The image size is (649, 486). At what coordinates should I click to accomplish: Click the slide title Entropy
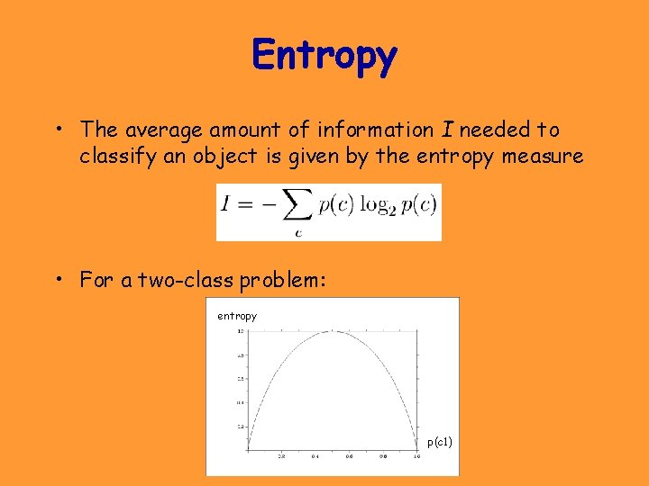coord(324,56)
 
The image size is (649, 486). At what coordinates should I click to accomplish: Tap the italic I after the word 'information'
coord(447,130)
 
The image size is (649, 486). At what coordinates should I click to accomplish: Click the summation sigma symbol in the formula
coord(293,206)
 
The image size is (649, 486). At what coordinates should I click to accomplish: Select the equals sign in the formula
coord(245,205)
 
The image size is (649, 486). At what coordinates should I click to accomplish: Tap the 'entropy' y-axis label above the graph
coord(237,316)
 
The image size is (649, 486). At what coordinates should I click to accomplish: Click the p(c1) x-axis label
coord(440,442)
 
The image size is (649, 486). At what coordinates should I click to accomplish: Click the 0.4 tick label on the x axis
coord(315,457)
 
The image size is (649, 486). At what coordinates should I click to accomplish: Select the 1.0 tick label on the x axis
coord(416,457)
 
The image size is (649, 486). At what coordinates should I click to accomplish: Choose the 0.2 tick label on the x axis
coord(281,457)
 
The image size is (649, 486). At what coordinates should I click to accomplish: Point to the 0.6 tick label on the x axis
coord(349,457)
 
